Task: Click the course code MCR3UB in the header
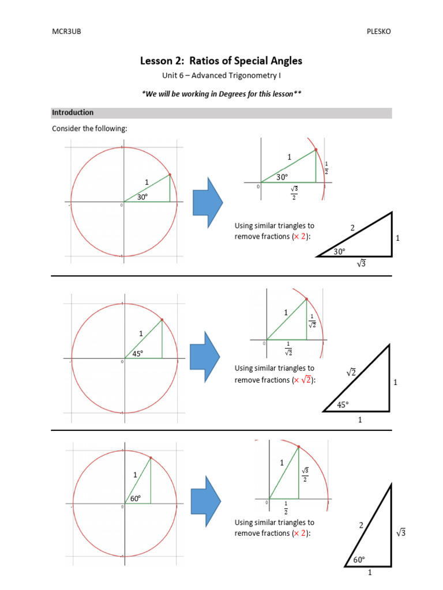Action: (67, 32)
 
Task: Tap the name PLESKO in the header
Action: (378, 32)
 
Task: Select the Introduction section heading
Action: (73, 113)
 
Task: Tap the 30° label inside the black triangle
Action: (340, 251)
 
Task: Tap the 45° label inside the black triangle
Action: (343, 405)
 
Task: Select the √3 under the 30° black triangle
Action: (362, 264)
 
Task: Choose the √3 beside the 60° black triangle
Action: (401, 533)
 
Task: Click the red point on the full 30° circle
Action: (170, 175)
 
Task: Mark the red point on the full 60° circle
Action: (151, 458)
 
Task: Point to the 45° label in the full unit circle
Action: (138, 354)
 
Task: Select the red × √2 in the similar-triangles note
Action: (302, 380)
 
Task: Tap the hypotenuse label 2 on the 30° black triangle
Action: (352, 228)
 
